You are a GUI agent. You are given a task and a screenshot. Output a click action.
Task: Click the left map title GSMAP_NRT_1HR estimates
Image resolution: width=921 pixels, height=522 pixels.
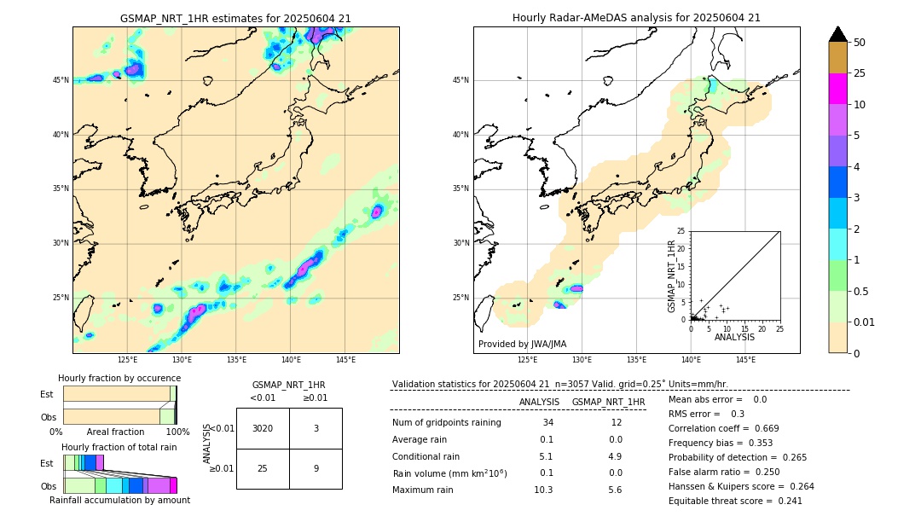pos(235,18)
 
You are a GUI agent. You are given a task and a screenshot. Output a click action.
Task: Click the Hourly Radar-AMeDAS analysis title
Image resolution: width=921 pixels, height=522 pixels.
pos(636,18)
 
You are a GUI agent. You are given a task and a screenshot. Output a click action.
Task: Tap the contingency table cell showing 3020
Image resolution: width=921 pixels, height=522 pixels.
pos(263,428)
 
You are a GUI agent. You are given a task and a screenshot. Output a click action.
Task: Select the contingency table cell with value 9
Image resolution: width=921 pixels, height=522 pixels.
pos(316,468)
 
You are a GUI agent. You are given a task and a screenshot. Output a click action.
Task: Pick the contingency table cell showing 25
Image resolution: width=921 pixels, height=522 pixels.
pos(263,468)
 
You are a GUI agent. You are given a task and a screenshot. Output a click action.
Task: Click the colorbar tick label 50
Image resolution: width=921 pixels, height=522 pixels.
pos(860,42)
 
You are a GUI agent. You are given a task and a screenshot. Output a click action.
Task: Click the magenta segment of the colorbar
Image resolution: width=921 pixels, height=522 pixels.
pos(837,89)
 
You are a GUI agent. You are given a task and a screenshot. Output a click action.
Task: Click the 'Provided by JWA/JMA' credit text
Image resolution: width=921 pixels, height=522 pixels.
pos(522,344)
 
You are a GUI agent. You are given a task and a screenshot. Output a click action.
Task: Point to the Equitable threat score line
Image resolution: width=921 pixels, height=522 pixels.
pos(735,501)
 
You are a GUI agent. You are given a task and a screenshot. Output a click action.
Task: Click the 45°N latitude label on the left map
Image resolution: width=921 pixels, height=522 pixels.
pos(61,80)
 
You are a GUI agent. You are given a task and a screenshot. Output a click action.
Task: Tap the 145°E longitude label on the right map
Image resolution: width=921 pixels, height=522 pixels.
pos(745,360)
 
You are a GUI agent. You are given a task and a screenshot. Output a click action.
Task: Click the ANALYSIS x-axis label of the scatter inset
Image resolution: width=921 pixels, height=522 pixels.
pos(734,337)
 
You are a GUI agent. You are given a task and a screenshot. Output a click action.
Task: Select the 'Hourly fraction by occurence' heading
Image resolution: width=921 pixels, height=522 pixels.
pos(119,378)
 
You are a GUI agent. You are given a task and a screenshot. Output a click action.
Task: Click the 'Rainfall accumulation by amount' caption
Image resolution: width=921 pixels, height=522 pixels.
pos(119,500)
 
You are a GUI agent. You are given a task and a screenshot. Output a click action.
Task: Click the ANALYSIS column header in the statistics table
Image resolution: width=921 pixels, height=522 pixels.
pos(539,402)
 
